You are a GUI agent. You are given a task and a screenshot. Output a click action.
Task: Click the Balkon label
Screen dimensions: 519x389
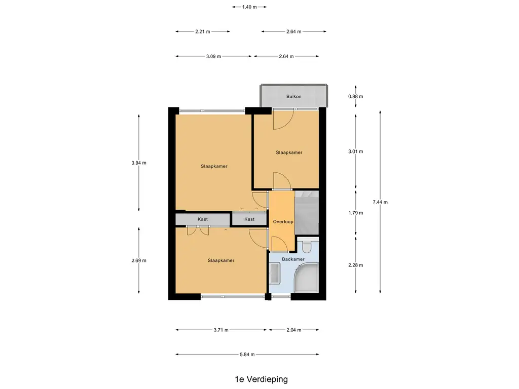(293, 97)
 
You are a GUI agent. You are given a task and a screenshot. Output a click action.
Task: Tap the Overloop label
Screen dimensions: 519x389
(283, 222)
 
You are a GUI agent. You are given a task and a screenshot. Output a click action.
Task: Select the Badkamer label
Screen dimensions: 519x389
(293, 259)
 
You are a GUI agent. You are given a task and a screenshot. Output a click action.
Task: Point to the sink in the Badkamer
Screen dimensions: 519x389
(274, 273)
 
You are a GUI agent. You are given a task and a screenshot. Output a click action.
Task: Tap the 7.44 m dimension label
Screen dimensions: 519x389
(380, 202)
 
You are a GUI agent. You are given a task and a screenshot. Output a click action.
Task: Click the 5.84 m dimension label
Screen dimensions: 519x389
(247, 354)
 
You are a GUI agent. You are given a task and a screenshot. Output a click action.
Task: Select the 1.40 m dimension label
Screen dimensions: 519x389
(249, 7)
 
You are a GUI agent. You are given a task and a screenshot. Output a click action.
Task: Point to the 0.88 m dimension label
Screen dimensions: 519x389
(355, 97)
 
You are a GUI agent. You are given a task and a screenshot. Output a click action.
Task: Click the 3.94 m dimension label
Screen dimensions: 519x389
(139, 163)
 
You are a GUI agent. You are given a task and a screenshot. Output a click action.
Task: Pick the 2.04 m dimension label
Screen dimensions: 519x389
(294, 330)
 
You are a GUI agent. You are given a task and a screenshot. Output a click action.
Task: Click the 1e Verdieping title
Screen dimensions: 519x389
(262, 379)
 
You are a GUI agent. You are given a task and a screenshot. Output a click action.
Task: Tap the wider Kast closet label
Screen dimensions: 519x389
(203, 219)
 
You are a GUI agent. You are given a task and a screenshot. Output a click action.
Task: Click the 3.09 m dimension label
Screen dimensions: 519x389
(213, 56)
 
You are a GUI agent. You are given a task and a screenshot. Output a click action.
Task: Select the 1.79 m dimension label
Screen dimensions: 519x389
(355, 213)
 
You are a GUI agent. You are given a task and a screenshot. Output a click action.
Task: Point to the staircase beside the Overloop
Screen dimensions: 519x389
(307, 213)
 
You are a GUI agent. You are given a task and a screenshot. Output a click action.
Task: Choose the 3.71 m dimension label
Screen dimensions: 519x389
(221, 330)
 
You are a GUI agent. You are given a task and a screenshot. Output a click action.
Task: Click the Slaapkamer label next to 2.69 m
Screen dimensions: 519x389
(221, 260)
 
